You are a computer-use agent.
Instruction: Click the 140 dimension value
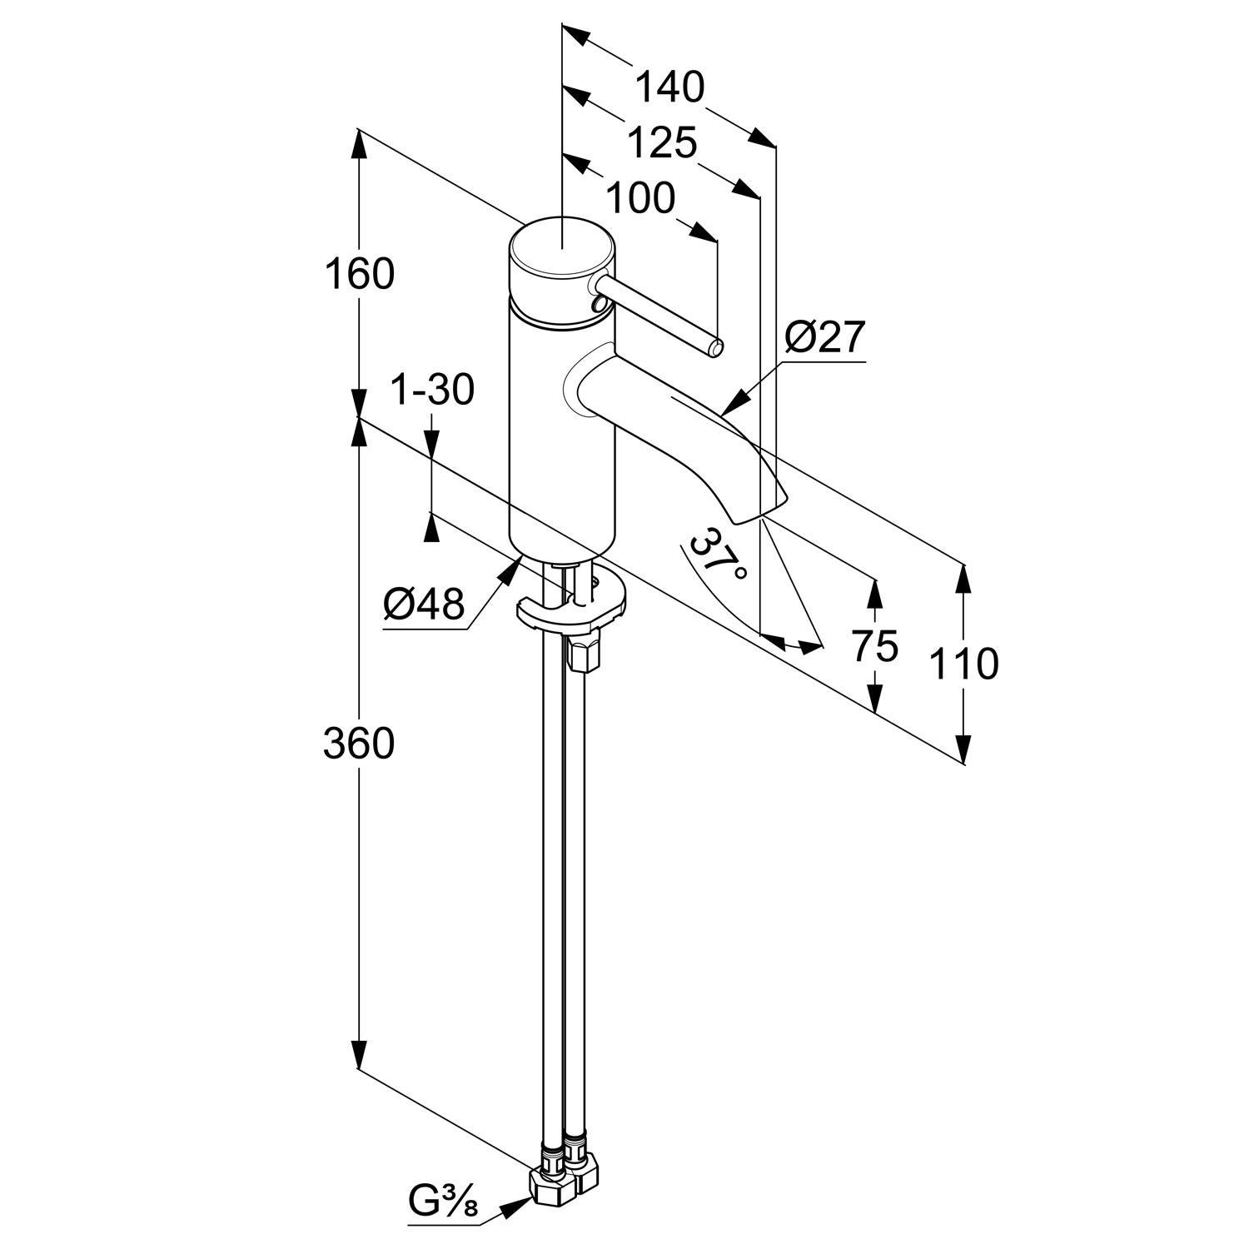669,87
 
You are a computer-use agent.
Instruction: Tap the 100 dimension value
639,199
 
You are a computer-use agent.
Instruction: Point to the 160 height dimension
359,274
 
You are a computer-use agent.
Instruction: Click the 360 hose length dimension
359,743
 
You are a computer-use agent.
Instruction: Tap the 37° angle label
719,558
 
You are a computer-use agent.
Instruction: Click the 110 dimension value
964,664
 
